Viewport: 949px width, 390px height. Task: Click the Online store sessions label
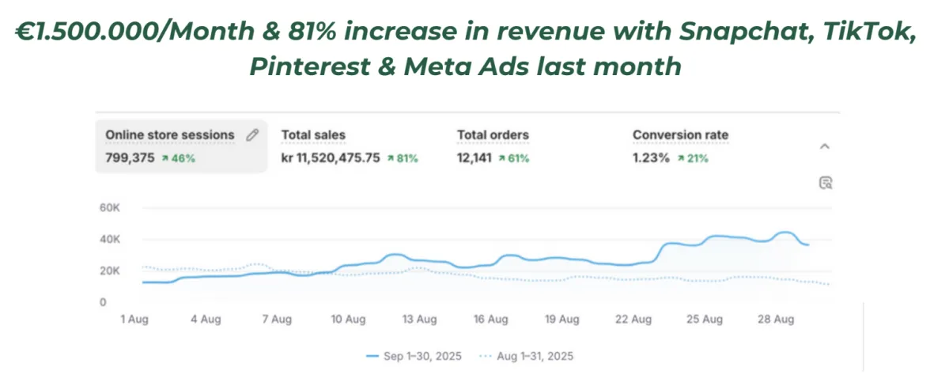(170, 135)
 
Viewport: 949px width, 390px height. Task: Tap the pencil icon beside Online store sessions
(252, 135)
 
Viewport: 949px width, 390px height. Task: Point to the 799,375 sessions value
(130, 158)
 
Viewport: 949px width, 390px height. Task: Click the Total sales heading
(313, 135)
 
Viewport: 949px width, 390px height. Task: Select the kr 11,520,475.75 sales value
(330, 158)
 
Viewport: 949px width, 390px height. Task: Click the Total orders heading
(493, 135)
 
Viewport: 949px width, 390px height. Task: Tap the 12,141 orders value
(475, 158)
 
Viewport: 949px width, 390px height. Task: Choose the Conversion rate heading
(680, 135)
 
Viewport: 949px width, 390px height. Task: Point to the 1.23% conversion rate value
(651, 158)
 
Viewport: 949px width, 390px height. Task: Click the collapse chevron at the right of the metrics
(824, 146)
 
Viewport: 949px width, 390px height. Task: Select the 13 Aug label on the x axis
(419, 320)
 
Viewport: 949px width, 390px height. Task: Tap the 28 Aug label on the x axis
(774, 320)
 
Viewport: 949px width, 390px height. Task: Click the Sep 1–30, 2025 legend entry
(414, 356)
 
